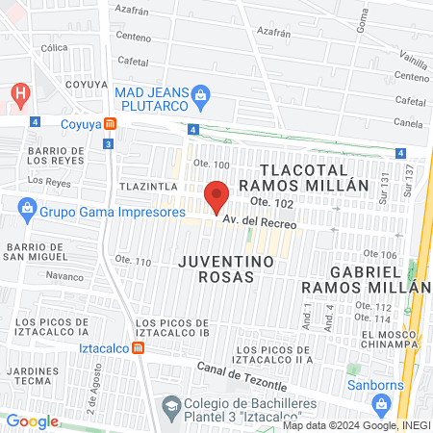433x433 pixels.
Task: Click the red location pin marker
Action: click(x=217, y=196)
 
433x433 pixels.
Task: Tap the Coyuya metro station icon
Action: click(x=112, y=123)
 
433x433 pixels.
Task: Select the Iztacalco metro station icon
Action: click(x=140, y=348)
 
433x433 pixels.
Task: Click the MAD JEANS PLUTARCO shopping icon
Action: click(x=200, y=94)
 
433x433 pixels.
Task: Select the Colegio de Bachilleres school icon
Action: click(x=170, y=405)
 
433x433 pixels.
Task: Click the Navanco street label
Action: click(x=64, y=275)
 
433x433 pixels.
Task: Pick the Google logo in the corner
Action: click(x=32, y=421)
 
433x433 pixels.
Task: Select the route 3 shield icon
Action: click(x=109, y=144)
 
